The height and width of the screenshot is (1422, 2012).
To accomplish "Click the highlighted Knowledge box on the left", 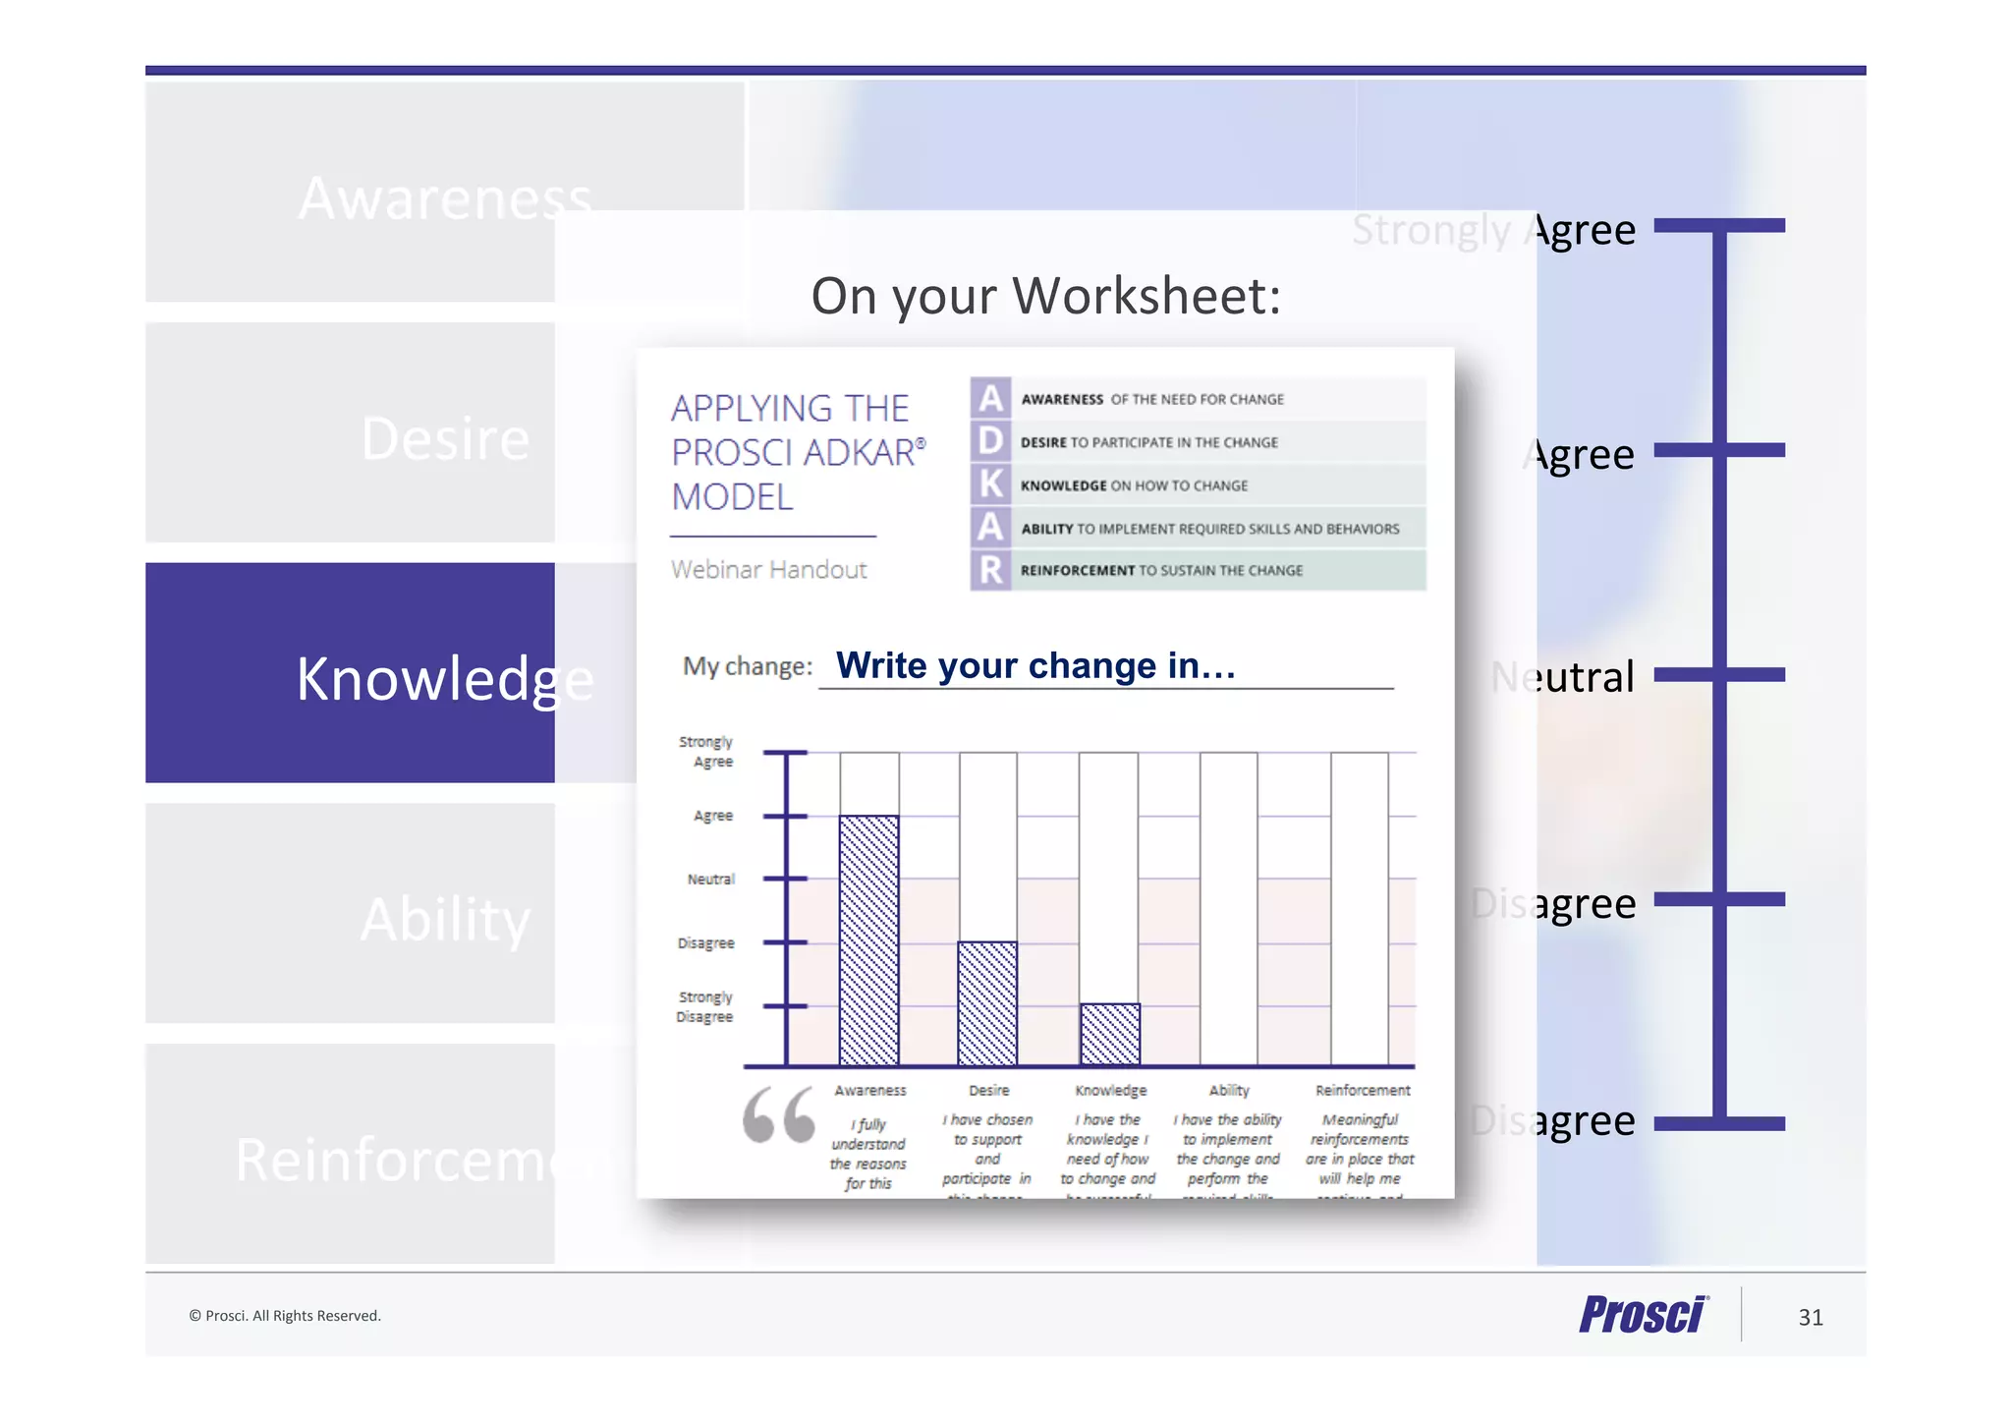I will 350,673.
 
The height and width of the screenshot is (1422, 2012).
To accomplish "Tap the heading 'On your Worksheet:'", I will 1046,296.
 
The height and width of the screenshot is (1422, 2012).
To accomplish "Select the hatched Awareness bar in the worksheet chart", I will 868,939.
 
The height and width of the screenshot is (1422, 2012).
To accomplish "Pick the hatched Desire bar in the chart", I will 987,1003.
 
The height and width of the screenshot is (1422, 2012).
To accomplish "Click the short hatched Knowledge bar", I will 1110,1034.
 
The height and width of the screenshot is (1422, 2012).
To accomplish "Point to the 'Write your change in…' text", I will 1035,666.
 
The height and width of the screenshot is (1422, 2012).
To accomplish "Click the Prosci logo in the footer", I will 1644,1314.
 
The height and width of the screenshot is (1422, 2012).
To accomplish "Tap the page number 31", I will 1811,1317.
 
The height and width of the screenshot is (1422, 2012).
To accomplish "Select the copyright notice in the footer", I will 285,1316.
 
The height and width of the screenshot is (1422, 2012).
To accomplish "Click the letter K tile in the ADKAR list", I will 990,484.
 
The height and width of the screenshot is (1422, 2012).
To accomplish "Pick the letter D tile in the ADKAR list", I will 990,441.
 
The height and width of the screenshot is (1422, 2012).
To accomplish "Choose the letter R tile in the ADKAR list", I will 990,570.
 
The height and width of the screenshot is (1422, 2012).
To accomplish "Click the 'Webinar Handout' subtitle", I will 769,570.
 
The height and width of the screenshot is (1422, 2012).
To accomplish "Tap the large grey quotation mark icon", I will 779,1115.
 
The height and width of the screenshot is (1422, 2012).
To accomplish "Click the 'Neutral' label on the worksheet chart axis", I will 710,879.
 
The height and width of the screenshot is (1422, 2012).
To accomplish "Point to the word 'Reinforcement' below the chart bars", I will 1363,1090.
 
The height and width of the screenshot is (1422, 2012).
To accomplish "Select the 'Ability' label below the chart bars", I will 1229,1090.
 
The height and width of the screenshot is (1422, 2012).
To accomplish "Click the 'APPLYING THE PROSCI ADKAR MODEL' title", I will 796,453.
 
